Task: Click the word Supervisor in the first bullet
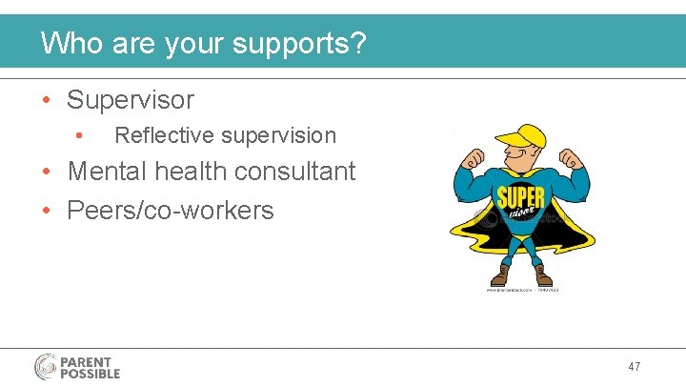click(130, 100)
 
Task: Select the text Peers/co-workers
click(170, 210)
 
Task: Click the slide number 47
click(634, 366)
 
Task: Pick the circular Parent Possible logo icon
click(47, 367)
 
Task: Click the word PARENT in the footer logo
click(86, 361)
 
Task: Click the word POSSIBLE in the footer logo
click(91, 374)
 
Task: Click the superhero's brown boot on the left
click(499, 277)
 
